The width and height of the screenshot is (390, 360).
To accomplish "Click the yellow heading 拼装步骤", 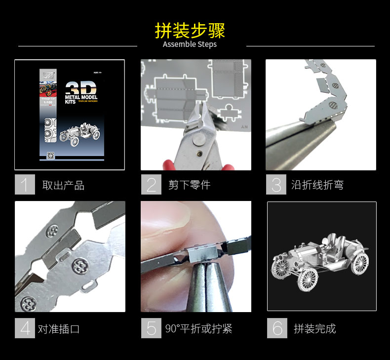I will click(x=190, y=31).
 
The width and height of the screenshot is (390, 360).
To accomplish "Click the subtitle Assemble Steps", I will click(x=190, y=44).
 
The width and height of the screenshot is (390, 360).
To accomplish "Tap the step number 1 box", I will click(x=25, y=185).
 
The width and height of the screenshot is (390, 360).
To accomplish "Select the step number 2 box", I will click(x=151, y=185).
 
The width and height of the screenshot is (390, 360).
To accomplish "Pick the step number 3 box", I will click(x=276, y=185).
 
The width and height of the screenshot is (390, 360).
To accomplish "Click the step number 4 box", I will click(x=25, y=328).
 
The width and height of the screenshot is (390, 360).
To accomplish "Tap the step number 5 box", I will click(x=151, y=328).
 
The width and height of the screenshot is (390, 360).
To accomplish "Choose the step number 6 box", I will click(x=277, y=328).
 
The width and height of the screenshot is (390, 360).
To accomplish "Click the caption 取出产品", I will click(x=63, y=186).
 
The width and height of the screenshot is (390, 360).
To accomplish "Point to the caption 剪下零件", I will click(x=189, y=185).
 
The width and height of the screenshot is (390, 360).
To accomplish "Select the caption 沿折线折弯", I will click(x=317, y=185).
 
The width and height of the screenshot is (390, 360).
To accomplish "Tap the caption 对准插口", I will click(x=59, y=329).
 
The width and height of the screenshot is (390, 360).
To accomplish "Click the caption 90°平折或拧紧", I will click(x=198, y=329).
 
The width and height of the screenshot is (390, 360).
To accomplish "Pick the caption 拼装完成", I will click(x=314, y=329).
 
